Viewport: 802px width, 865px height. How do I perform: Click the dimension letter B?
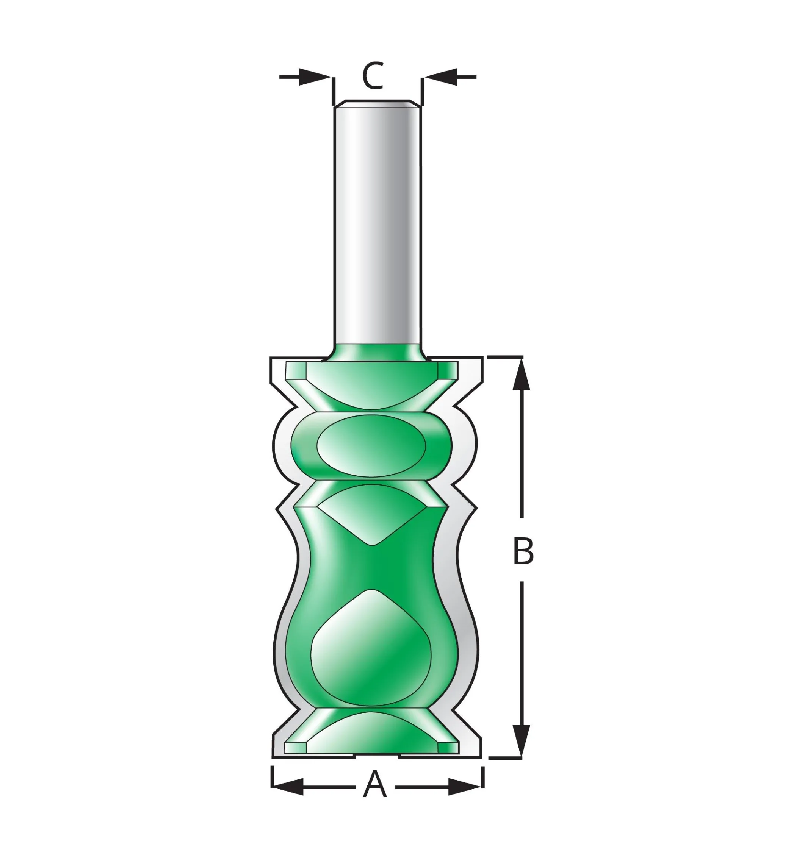[x=523, y=551]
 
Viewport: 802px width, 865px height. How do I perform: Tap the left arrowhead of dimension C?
[x=315, y=77]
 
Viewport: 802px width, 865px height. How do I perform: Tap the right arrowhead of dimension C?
[x=440, y=77]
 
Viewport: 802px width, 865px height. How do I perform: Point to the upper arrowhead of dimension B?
[x=521, y=374]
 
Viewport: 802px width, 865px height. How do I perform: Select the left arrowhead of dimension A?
[x=287, y=787]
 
